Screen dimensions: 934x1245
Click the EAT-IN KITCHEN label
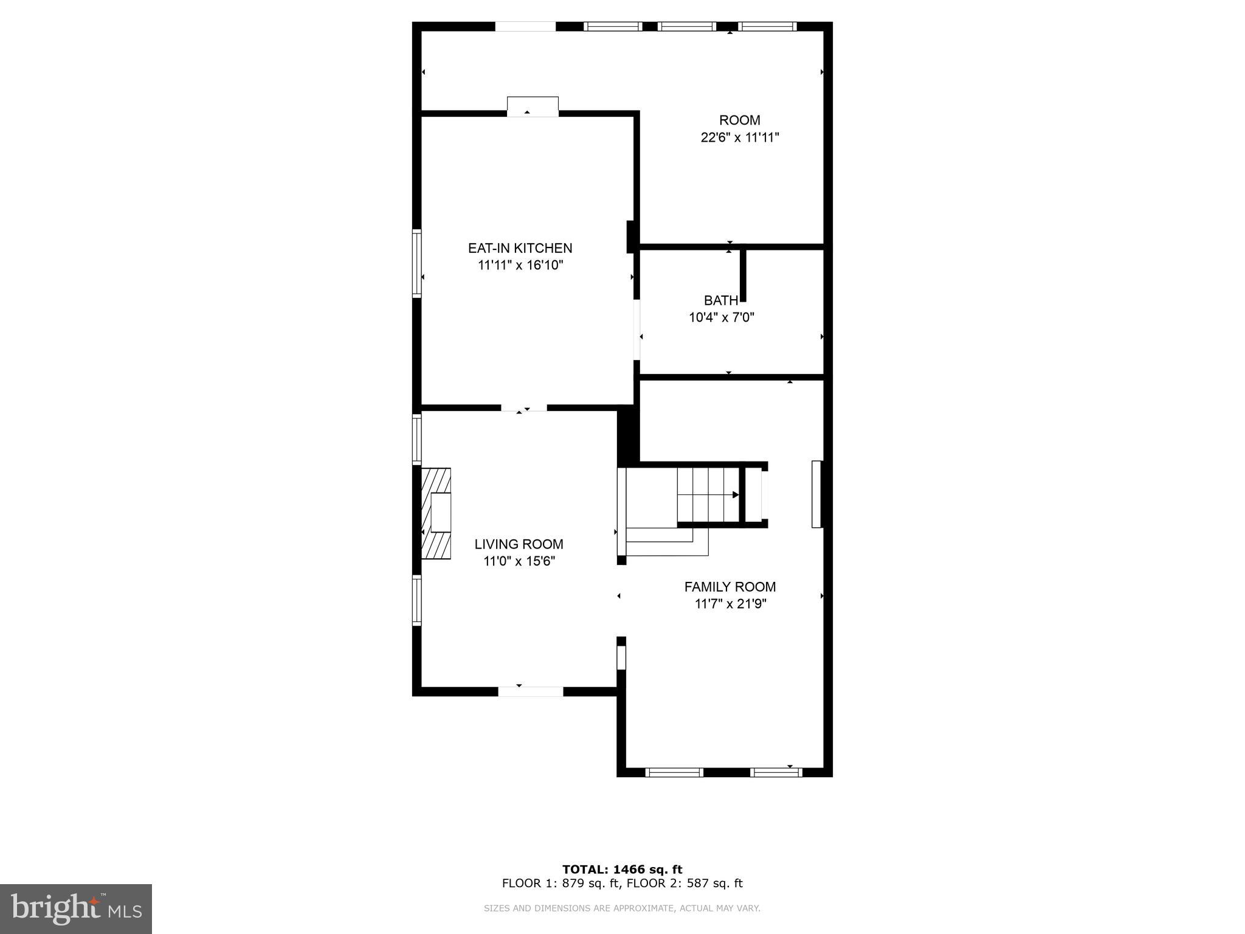click(520, 248)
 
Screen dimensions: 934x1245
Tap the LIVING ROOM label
click(519, 544)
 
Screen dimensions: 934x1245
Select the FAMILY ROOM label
click(729, 587)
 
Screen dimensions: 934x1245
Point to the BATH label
click(720, 300)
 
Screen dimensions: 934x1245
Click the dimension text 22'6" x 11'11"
click(739, 137)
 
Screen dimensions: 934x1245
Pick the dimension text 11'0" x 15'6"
click(519, 561)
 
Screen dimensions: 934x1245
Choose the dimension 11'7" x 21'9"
click(730, 604)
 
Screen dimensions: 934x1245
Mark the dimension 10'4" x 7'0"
click(721, 317)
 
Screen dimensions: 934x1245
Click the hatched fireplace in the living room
click(436, 513)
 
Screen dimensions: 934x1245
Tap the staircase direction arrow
click(735, 495)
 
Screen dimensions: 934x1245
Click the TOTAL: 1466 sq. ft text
click(622, 870)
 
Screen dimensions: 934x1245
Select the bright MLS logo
click(76, 908)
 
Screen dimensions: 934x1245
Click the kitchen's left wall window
click(417, 263)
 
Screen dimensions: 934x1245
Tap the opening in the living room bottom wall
click(531, 691)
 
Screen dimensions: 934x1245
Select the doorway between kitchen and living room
click(523, 408)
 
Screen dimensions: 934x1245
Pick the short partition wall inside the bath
click(743, 275)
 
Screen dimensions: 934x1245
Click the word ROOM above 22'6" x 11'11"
click(739, 120)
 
